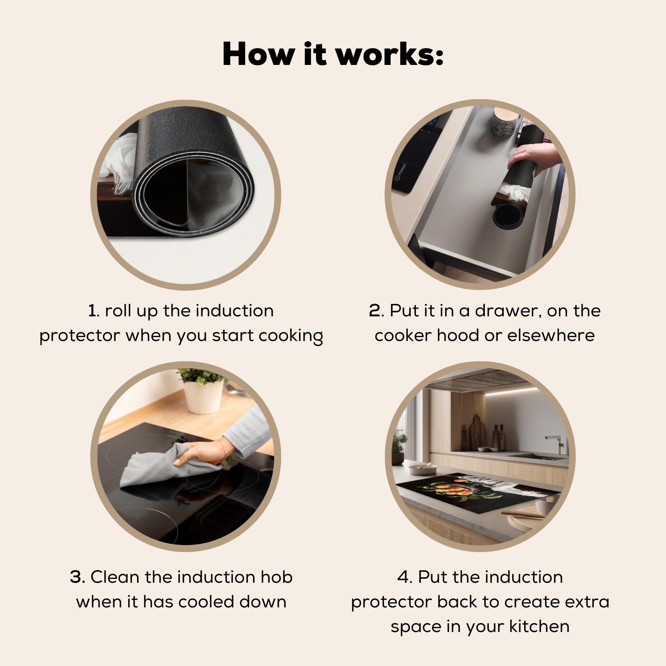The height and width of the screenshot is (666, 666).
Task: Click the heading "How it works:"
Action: click(x=333, y=54)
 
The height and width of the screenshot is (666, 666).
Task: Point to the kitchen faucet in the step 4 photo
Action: click(x=557, y=444)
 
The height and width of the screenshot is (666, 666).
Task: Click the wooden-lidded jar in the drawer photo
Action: click(x=504, y=122)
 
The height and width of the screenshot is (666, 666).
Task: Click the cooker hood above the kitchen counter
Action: click(x=481, y=379)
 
